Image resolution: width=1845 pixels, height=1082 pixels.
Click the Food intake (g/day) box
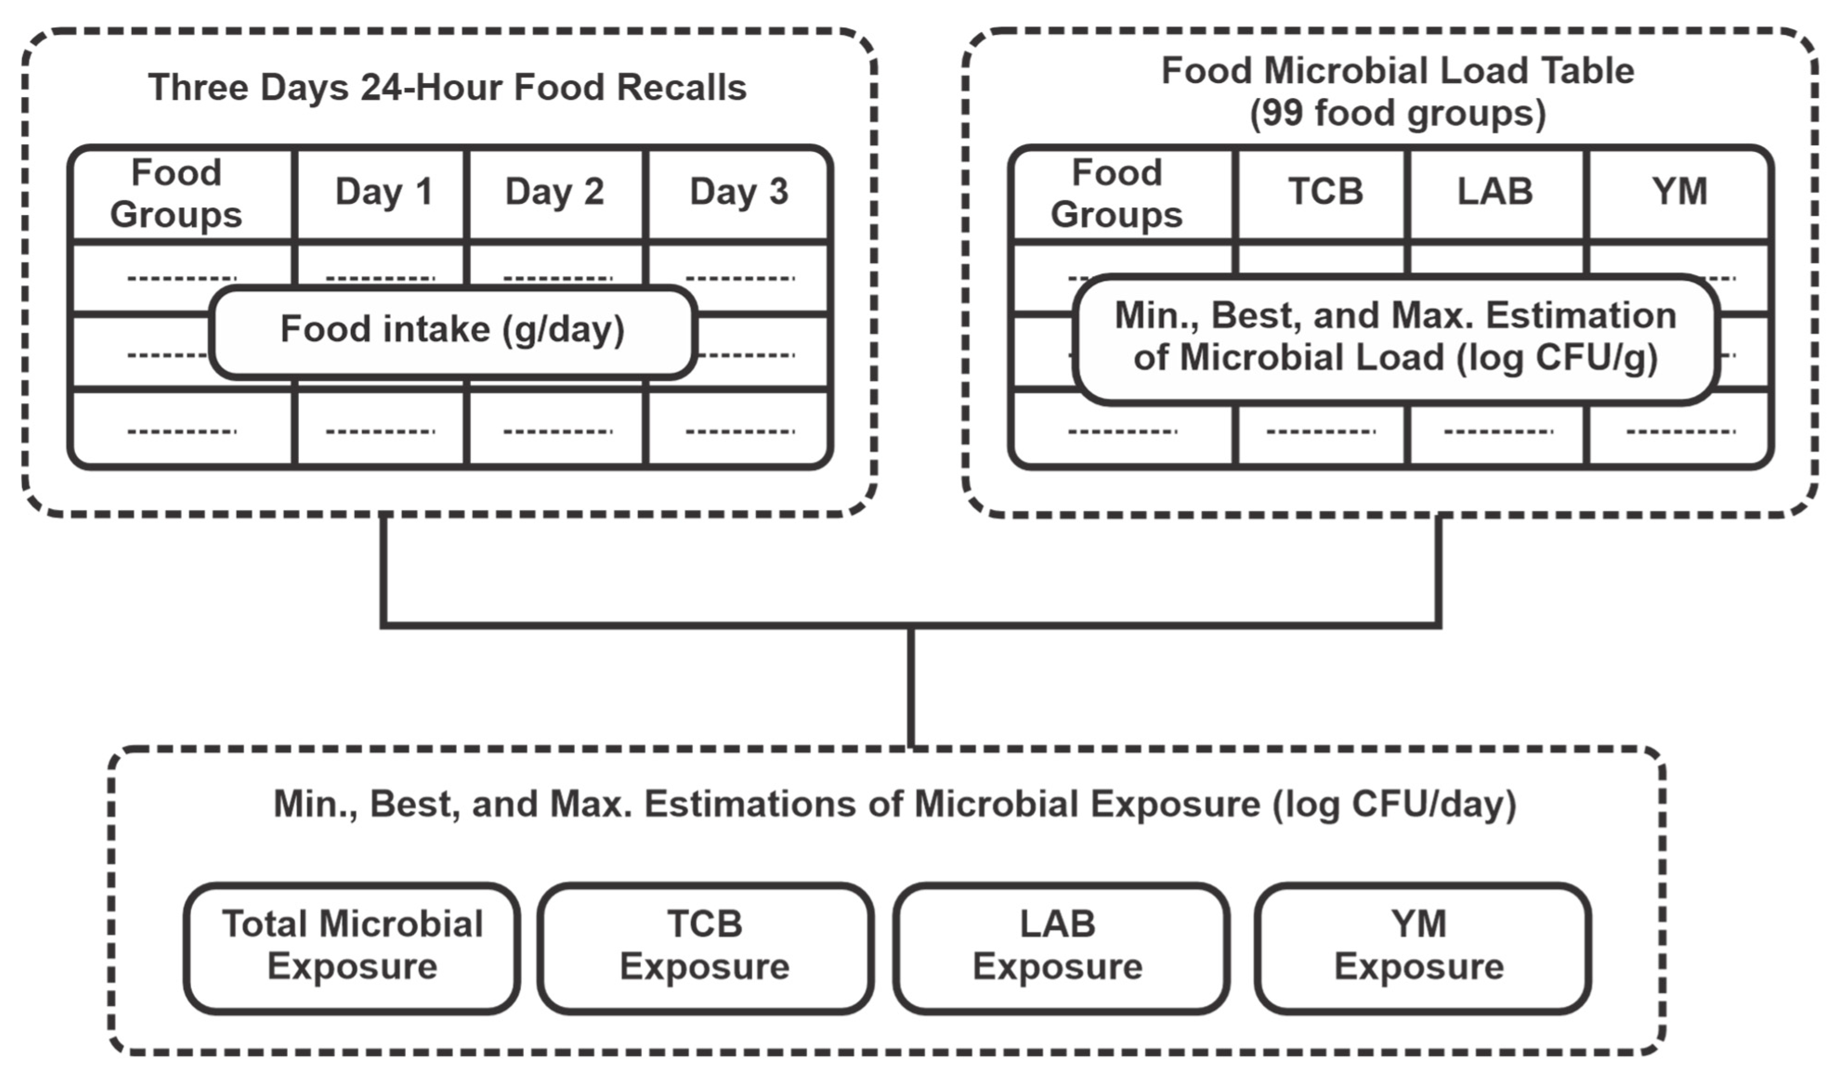click(x=452, y=329)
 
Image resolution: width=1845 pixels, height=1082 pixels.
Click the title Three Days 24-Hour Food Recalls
click(x=447, y=88)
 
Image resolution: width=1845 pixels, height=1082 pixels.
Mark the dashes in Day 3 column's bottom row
click(x=739, y=431)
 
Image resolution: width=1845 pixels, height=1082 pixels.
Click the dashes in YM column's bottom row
click(x=1680, y=431)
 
